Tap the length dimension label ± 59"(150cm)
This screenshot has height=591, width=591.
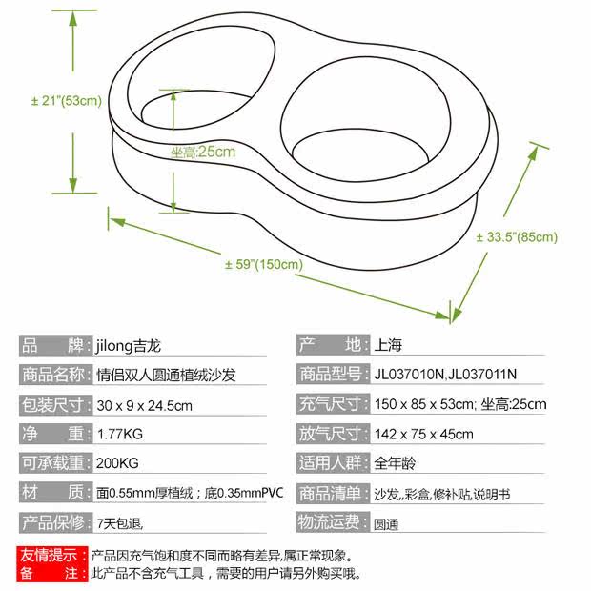(x=264, y=264)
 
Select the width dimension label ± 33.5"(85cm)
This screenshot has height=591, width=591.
(x=516, y=237)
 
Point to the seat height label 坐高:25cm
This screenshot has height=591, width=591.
(x=203, y=152)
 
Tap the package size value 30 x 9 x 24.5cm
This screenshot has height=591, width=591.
(x=145, y=404)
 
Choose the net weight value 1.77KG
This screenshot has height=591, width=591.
(x=120, y=434)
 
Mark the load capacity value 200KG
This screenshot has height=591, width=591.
(x=118, y=463)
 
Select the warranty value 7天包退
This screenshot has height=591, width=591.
(x=120, y=522)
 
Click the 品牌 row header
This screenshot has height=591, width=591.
(x=54, y=345)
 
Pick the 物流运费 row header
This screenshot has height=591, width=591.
(x=332, y=522)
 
